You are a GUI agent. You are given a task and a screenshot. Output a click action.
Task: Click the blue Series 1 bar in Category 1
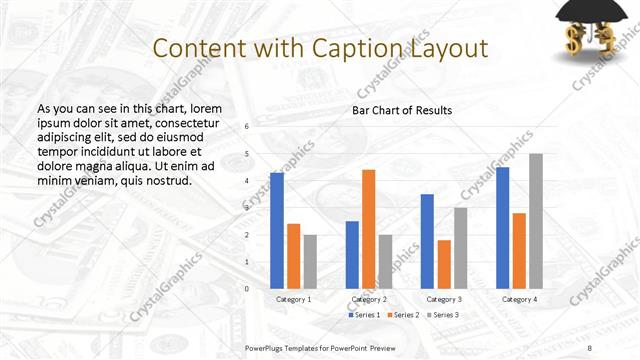click(277, 230)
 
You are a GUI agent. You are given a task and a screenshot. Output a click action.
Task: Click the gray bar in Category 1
click(310, 261)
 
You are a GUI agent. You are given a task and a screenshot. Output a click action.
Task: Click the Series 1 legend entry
click(364, 315)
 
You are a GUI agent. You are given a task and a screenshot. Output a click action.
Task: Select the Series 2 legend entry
click(402, 315)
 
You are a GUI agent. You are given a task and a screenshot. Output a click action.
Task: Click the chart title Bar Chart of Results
click(402, 110)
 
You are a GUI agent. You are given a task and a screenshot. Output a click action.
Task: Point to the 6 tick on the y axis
click(247, 126)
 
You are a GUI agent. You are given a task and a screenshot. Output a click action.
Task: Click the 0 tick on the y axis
click(247, 288)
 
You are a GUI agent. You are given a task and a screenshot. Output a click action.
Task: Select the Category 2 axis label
click(369, 299)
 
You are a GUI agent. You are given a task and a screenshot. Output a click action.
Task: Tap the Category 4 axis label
click(519, 299)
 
